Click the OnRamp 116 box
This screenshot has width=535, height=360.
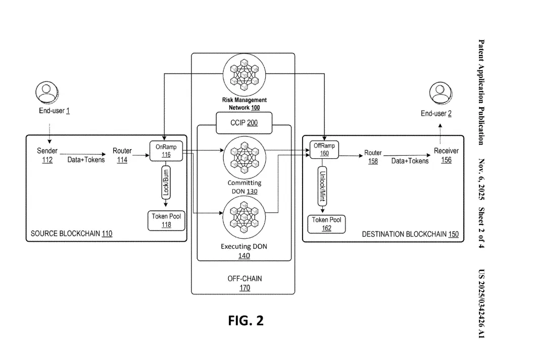[166, 150]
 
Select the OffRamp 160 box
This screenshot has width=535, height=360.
[324, 150]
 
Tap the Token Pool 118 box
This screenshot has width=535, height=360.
[166, 220]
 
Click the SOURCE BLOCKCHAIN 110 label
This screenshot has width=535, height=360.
[72, 234]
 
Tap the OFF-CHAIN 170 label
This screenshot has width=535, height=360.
[245, 283]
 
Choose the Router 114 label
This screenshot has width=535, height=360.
[122, 155]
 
